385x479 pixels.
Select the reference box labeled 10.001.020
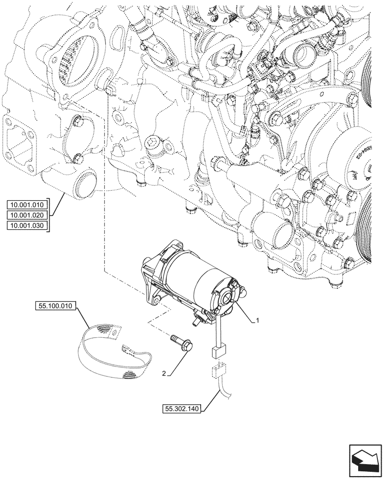point(28,216)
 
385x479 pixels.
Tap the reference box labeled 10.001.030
point(28,226)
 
